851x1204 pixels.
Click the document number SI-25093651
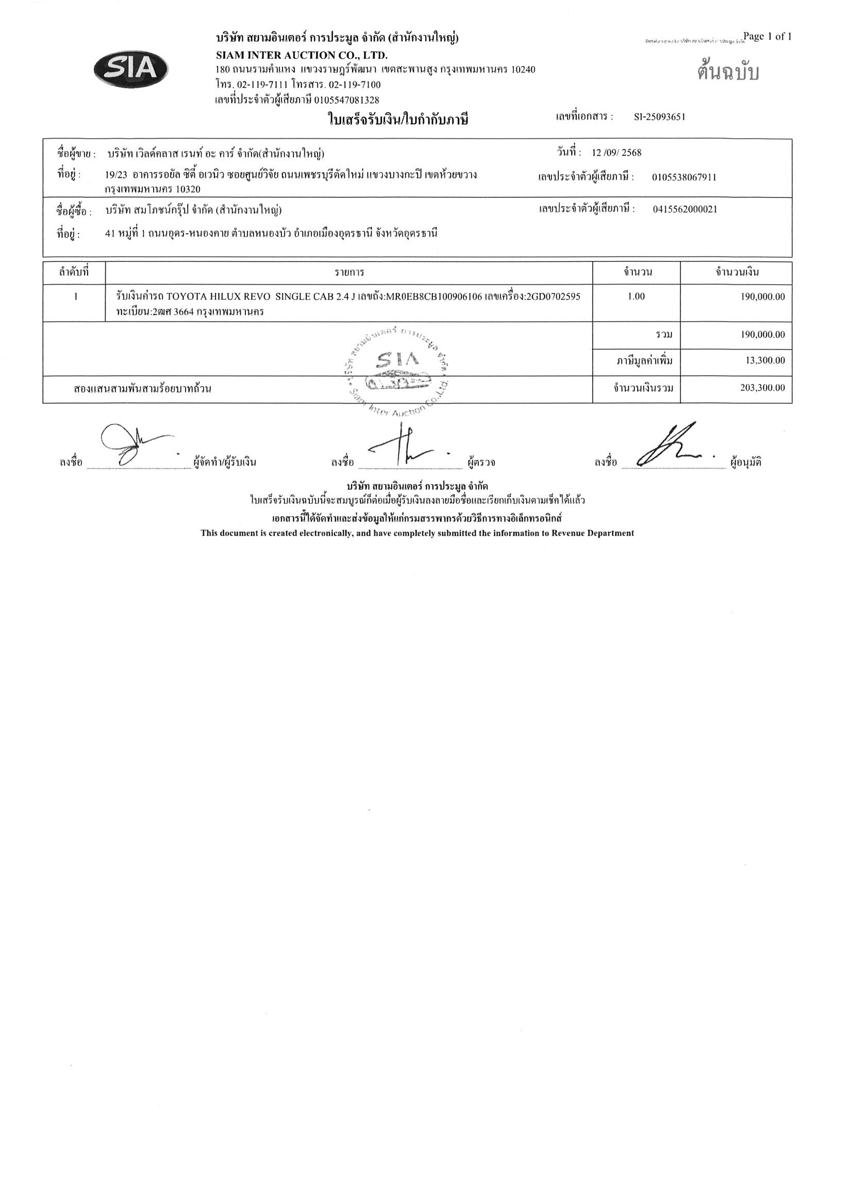(x=659, y=117)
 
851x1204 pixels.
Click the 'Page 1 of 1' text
(x=767, y=36)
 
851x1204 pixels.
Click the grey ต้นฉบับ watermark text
(x=728, y=72)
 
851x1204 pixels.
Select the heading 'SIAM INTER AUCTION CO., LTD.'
(x=302, y=55)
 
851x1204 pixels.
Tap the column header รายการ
(x=349, y=273)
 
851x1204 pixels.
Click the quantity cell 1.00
(x=636, y=296)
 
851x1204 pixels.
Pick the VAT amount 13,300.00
(x=765, y=360)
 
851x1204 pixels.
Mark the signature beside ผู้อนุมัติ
(x=671, y=446)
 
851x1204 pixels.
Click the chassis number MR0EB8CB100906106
(x=433, y=296)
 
